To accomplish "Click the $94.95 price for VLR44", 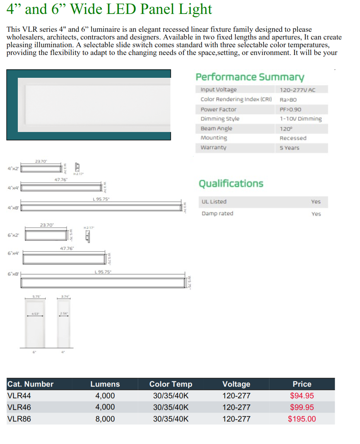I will pos(302,396).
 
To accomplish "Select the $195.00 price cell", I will pos(302,419).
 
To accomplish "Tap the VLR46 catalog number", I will pos(19,407).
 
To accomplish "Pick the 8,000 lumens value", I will pos(105,419).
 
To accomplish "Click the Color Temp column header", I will pos(171,384).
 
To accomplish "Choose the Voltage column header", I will pos(236,384).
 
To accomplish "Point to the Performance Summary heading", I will pos(250,77).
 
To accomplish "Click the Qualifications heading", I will pos(231,183).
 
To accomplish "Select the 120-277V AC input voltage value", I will pos(297,90).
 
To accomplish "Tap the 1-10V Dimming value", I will pos(300,119).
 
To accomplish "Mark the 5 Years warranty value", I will pos(289,148).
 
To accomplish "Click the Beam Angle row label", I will pos(216,129).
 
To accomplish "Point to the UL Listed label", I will pos(214,202).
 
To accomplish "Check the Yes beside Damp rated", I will pos(316,214).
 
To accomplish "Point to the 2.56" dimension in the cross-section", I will pos(64,313).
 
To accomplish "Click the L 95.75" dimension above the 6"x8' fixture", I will pos(103,272).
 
